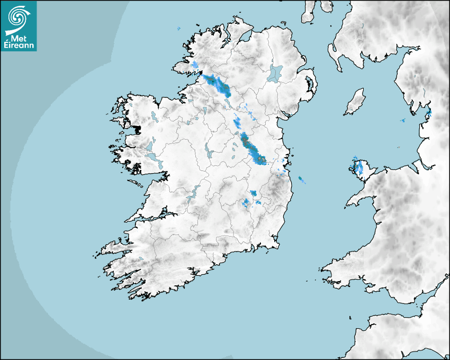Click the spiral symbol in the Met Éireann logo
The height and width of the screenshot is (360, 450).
click(17, 18)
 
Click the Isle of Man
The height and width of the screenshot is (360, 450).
click(355, 102)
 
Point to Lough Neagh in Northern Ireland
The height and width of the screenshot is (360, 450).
click(276, 73)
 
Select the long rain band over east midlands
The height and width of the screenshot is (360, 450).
click(253, 149)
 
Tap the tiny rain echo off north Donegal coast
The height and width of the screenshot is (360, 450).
click(179, 28)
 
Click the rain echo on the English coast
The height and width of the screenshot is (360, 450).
click(428, 113)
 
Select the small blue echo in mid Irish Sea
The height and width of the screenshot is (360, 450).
click(402, 121)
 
